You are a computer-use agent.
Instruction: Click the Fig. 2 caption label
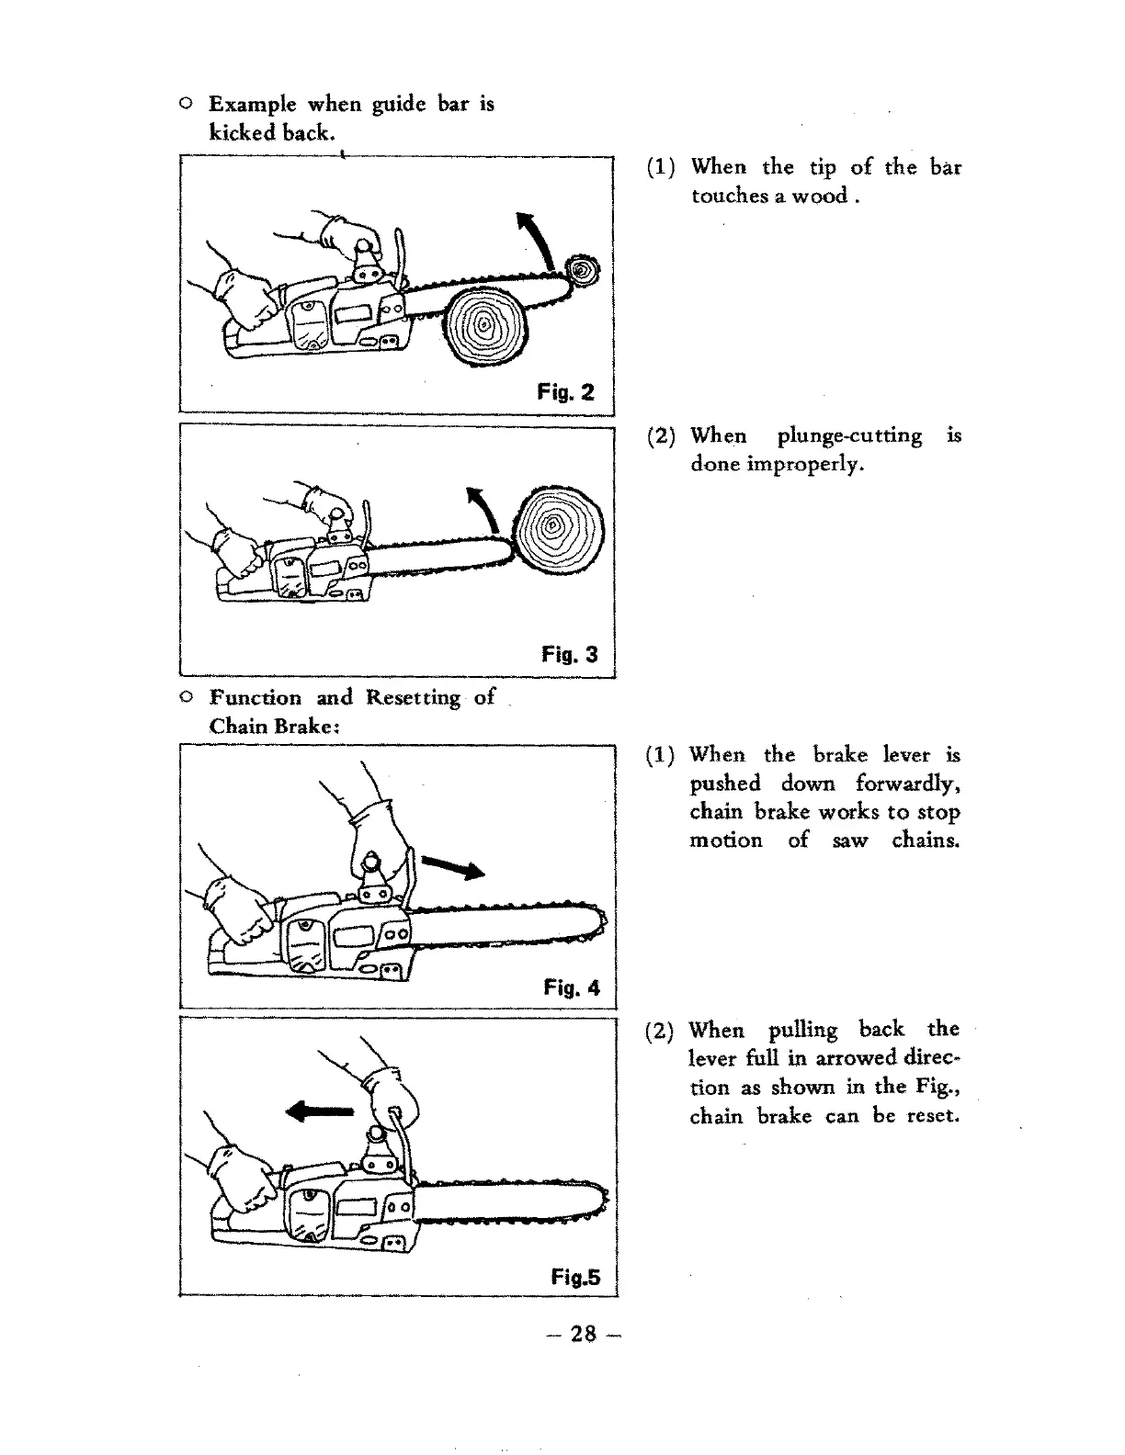(x=565, y=393)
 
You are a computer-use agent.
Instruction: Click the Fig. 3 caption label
(x=569, y=655)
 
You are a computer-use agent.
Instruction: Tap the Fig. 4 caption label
(x=571, y=988)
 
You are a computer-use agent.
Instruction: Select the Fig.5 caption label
(x=574, y=1277)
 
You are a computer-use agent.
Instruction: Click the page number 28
(x=583, y=1334)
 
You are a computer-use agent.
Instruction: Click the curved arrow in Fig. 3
(x=483, y=510)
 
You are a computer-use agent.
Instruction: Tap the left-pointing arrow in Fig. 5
(x=320, y=1111)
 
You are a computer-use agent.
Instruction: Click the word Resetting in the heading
(x=413, y=698)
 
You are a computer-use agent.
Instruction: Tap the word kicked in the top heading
(x=244, y=133)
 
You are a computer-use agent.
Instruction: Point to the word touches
(x=729, y=196)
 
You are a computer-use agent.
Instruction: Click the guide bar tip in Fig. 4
(x=601, y=919)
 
